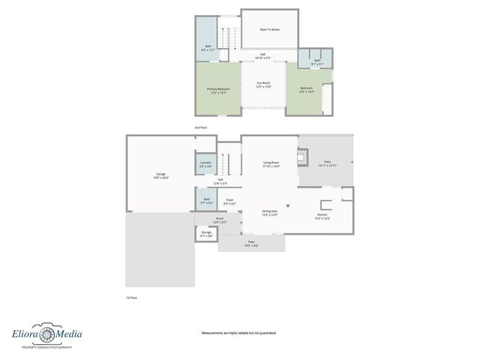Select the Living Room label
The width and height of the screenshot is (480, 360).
[x=271, y=163]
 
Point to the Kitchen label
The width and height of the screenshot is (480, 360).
[x=322, y=216]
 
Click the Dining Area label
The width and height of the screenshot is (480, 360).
[x=270, y=213]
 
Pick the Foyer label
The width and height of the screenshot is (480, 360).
[x=229, y=201]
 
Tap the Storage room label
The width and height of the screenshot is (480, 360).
[x=206, y=234]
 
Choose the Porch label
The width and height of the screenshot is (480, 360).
[x=220, y=220]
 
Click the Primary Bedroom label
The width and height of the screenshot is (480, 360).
[x=218, y=90]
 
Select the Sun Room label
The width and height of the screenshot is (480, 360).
[x=262, y=84]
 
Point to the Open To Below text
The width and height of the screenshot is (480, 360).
[x=270, y=30]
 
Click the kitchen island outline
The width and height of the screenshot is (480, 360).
[x=326, y=205]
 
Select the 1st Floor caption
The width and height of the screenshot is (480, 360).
[x=131, y=298]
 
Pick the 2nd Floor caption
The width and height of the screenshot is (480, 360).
[x=201, y=128]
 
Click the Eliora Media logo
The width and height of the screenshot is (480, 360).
[x=46, y=336]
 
